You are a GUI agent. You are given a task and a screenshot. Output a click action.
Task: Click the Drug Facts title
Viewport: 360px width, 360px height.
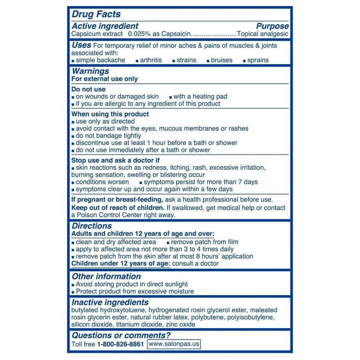click(96, 14)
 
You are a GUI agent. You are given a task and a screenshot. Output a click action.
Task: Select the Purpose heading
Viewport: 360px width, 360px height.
click(272, 26)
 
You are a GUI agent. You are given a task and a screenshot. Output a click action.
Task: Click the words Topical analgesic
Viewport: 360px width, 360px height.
click(262, 34)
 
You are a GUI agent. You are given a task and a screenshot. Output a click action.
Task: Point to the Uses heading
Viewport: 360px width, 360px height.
click(81, 45)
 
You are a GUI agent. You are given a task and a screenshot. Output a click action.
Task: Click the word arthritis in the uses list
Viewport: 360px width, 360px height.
click(151, 60)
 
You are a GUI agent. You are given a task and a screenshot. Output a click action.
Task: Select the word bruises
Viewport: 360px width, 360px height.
click(222, 60)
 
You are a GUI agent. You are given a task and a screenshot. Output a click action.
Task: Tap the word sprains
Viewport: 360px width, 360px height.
click(258, 60)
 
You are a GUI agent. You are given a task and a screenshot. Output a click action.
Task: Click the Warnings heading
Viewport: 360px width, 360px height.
click(90, 71)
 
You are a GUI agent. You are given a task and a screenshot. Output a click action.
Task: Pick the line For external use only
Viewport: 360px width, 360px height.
click(105, 79)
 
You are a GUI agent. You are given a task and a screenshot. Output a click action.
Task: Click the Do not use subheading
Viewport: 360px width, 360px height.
click(88, 89)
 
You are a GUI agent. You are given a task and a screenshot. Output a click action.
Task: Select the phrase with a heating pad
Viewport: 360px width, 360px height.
click(200, 97)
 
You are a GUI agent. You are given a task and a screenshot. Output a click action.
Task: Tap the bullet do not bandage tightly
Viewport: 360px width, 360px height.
click(108, 136)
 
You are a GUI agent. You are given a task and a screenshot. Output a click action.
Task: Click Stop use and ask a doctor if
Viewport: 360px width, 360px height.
click(116, 160)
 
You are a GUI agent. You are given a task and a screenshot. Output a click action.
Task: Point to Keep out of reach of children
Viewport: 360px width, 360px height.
click(118, 208)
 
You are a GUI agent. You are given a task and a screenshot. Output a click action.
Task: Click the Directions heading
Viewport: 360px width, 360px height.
click(92, 226)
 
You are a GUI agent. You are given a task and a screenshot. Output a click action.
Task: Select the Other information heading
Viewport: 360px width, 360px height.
click(106, 276)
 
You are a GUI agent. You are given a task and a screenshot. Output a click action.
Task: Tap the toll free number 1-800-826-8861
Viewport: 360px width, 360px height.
click(121, 344)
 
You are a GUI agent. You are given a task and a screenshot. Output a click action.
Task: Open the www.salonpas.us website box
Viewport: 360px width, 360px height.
click(174, 344)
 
